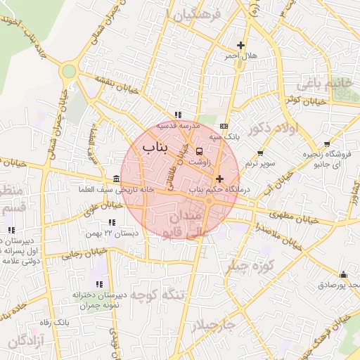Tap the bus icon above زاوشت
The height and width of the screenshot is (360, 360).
point(200,150)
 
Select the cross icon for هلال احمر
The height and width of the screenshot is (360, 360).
point(241,46)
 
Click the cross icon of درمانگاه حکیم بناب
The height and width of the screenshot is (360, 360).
point(219,179)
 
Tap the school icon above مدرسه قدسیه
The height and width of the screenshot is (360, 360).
point(178,115)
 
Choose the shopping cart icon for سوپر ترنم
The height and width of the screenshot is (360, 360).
point(261,153)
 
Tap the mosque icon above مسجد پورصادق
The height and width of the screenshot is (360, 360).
point(343,274)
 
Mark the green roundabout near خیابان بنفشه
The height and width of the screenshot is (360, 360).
point(68,71)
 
